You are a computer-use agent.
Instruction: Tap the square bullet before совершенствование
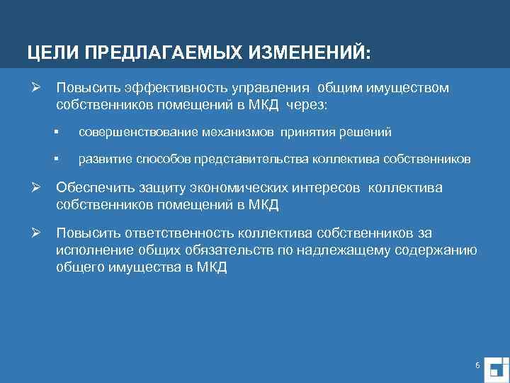tap(62, 132)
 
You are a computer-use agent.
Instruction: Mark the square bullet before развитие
tap(62, 159)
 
